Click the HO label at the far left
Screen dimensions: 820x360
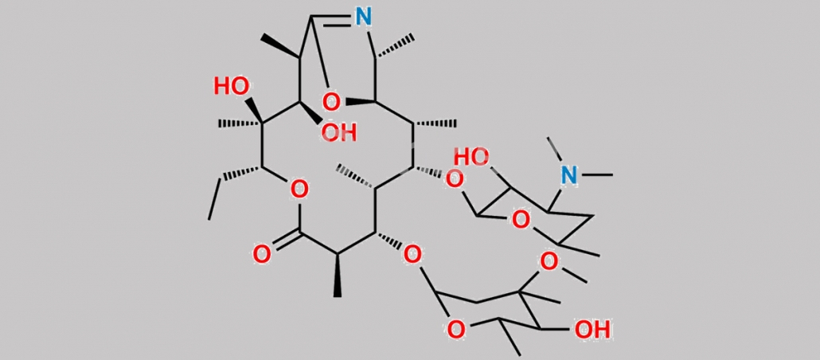(x=231, y=87)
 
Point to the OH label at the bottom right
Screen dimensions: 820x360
(x=592, y=330)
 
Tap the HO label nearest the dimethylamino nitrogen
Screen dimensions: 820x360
(x=471, y=157)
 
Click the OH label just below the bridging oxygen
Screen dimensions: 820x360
(x=339, y=132)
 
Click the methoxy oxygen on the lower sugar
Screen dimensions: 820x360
(x=549, y=260)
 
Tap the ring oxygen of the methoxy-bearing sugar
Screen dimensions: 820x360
(x=456, y=330)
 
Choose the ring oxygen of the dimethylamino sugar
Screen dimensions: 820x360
(x=520, y=221)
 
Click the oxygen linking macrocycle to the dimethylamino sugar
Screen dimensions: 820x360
(x=454, y=180)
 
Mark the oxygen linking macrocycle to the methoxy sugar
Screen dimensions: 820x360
(x=412, y=256)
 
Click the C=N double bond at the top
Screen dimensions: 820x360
(x=331, y=19)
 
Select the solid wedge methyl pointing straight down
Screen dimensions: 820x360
(x=338, y=276)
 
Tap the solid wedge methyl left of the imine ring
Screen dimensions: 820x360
(x=281, y=46)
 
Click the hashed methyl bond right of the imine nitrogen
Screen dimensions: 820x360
(x=394, y=47)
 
